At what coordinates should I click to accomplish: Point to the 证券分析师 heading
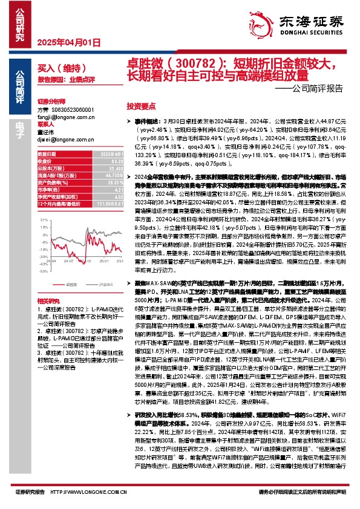click(51, 102)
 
